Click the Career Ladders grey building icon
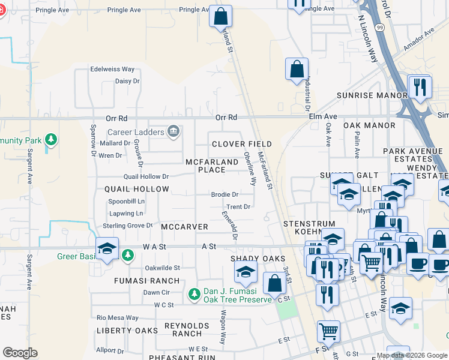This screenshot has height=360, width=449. click(x=174, y=131)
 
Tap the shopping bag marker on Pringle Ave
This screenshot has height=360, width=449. click(x=220, y=16)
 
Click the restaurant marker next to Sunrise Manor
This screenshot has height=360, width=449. click(x=420, y=87)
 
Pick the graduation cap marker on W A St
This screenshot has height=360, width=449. click(x=106, y=249)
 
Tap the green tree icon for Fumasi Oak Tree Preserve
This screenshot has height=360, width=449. click(x=194, y=294)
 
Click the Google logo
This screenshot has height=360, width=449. click(x=20, y=353)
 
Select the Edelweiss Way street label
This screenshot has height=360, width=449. click(x=112, y=70)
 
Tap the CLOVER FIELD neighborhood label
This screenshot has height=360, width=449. click(x=242, y=144)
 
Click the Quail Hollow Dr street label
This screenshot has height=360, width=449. click(x=146, y=176)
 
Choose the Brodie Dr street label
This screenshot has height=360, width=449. click(x=224, y=194)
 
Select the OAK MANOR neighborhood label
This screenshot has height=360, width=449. click(x=369, y=125)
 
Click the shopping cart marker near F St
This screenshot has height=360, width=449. click(x=328, y=331)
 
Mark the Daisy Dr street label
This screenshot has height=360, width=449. click(x=127, y=81)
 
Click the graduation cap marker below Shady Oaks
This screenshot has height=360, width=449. click(x=245, y=274)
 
